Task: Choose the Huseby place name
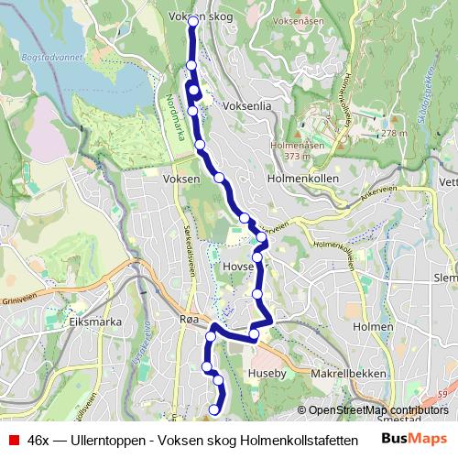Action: pyautogui.click(x=267, y=374)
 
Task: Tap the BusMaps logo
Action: pyautogui.click(x=414, y=439)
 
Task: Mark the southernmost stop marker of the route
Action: pyautogui.click(x=215, y=409)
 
